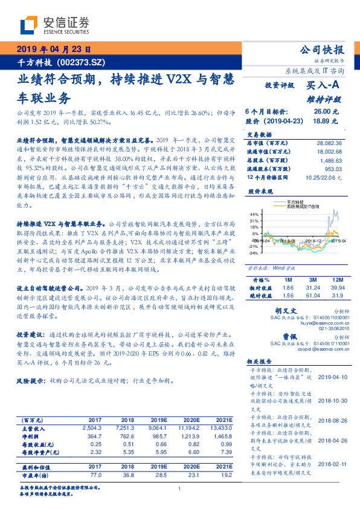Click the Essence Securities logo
[54, 25]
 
